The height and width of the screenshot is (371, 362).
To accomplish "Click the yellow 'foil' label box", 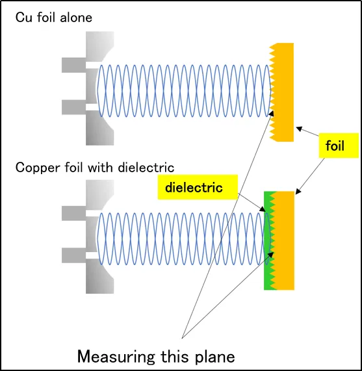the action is click(339, 146).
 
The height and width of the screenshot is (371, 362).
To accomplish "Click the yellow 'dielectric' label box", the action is click(198, 187).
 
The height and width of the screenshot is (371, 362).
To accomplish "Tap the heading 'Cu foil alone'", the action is click(54, 18).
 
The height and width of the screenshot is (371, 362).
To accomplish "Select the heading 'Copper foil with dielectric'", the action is click(95, 168).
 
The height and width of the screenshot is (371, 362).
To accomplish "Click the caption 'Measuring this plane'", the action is click(156, 356).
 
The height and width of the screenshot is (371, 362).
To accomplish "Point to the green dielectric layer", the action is click(269, 240).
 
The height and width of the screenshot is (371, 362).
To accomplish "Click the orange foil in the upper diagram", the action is click(283, 92).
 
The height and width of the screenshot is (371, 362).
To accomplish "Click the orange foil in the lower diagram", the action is click(284, 240).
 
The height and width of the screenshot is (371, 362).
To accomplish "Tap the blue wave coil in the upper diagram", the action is click(184, 90).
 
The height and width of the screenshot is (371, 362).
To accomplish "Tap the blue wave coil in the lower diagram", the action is click(183, 238).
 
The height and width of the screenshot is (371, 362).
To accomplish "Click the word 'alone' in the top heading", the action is click(76, 18).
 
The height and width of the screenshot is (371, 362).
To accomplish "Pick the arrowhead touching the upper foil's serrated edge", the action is click(272, 113).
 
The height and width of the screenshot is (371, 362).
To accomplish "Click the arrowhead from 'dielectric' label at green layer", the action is click(263, 209).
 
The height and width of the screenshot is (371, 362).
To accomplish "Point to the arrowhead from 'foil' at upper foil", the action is click(300, 129).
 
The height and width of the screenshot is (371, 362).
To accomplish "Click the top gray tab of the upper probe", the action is click(73, 65).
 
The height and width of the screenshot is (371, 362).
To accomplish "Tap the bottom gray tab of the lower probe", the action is click(73, 255).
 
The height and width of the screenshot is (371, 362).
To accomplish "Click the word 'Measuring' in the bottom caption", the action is click(116, 357).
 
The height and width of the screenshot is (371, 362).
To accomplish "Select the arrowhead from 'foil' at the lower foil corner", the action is click(298, 192).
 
